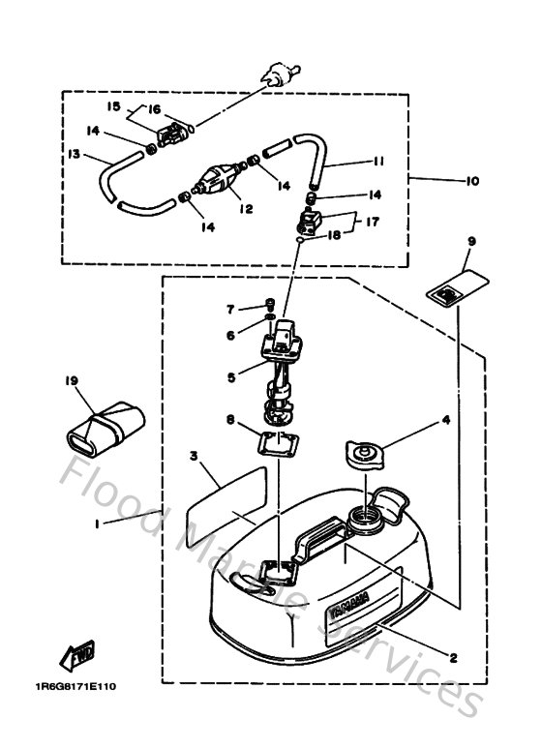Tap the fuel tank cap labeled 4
(x=367, y=452)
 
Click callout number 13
(x=73, y=153)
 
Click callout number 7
(x=230, y=309)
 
